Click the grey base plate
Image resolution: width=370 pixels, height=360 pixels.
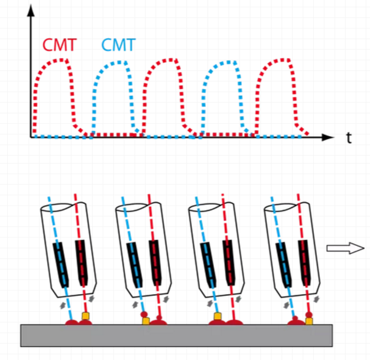[177, 334]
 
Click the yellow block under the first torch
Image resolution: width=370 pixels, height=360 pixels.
[86, 316]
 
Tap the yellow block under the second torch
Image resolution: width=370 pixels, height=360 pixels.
[146, 321]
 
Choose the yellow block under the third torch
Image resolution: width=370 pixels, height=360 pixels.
[218, 317]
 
